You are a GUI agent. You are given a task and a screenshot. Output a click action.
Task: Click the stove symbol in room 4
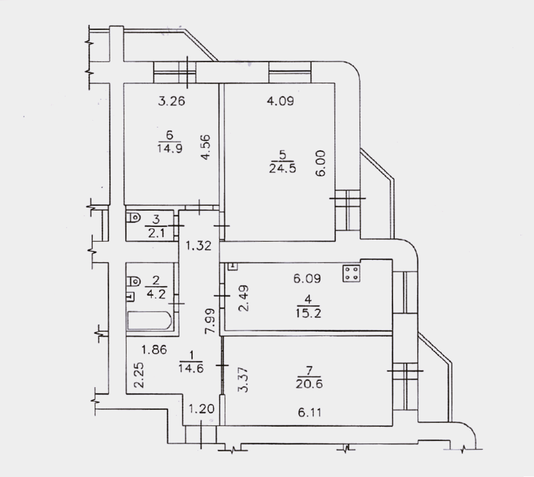coord(352,273)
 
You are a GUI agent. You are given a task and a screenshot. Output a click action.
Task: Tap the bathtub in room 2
coord(149,320)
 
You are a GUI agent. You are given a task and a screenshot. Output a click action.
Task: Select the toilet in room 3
coord(133,217)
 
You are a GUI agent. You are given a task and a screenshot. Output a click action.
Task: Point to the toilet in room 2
coord(133,281)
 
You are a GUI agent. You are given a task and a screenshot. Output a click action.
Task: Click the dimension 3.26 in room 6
coord(171,101)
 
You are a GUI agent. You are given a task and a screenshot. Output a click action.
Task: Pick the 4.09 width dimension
coord(280,101)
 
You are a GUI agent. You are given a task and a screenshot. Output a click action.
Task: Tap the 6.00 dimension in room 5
coord(321,163)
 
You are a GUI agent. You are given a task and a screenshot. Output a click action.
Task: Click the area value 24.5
coord(282,168)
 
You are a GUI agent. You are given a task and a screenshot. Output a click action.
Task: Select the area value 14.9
coord(170,148)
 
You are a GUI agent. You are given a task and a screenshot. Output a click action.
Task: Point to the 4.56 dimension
coord(205,147)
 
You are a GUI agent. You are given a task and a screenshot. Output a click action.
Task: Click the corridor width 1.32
coord(199,246)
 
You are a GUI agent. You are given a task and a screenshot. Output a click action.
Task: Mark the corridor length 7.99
coord(210,321)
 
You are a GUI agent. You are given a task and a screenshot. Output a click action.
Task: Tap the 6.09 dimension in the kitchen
coord(307,278)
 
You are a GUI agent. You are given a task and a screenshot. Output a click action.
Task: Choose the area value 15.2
coord(308,313)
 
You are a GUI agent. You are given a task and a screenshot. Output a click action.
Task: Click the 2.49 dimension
coord(244,298)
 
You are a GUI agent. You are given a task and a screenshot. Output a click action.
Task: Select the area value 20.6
coord(309,384)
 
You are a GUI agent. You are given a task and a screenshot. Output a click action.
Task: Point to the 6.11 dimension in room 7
coord(310,413)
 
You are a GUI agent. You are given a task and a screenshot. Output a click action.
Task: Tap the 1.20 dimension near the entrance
coord(201,408)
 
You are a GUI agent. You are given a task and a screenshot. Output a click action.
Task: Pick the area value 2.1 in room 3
coord(156,233)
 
